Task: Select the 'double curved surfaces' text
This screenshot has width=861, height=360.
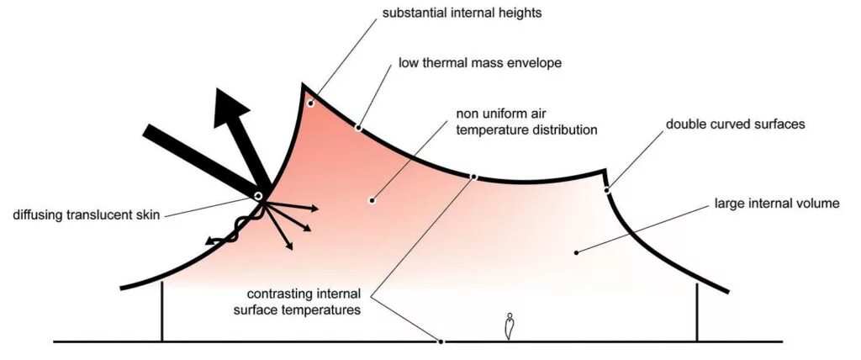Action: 736,124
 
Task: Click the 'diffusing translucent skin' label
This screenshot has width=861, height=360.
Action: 86,214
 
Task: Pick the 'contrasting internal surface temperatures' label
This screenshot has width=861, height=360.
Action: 304,302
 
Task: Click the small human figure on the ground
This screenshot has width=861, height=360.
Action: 509,326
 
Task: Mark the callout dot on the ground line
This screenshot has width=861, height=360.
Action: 441,341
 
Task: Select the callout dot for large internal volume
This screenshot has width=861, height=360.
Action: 575,251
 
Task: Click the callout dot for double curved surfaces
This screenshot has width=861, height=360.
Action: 607,189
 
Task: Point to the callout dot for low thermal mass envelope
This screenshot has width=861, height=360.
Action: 358,128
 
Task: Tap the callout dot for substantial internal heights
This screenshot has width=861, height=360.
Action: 310,103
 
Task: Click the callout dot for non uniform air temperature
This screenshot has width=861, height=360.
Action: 371,200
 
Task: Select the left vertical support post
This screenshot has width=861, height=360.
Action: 161,311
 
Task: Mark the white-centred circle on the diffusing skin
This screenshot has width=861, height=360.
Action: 258,197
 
